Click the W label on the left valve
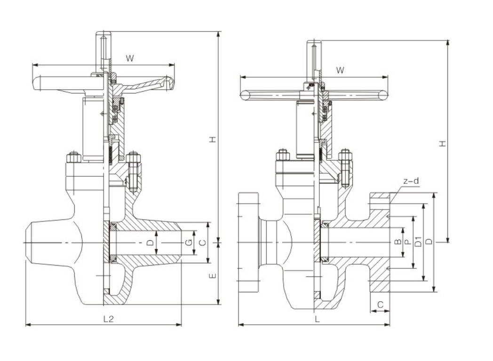[130, 58]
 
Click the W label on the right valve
[340, 70]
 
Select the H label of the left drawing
[213, 139]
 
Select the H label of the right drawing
[443, 143]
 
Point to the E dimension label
[213, 276]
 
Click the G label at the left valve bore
[188, 242]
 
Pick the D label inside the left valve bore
[151, 242]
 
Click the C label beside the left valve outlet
[203, 242]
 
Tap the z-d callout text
[411, 181]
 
